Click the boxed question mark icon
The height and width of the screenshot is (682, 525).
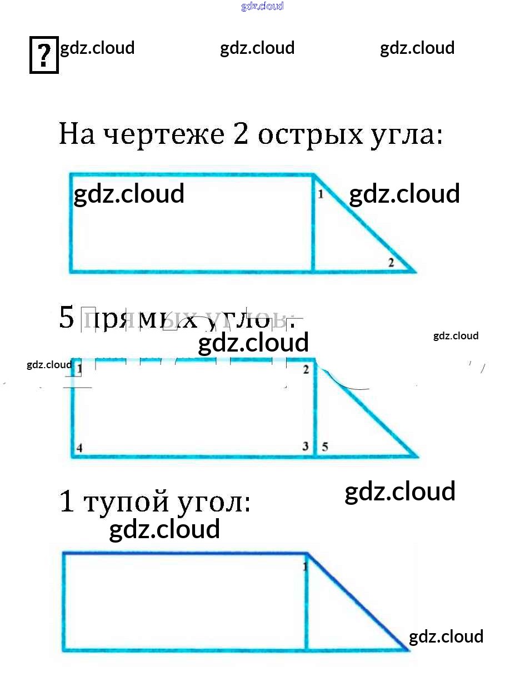click(44, 54)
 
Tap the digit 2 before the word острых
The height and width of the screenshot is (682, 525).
click(241, 134)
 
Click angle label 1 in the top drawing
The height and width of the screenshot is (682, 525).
click(321, 195)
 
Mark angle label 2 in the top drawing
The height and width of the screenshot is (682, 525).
click(391, 263)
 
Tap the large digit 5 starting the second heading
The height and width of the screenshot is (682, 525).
click(67, 319)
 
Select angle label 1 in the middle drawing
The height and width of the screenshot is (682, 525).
click(79, 368)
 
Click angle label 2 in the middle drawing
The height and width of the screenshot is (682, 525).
click(306, 369)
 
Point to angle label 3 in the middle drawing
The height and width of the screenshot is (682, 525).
click(305, 446)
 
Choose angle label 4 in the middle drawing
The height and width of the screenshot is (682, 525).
click(79, 448)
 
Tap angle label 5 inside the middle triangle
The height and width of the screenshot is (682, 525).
click(325, 447)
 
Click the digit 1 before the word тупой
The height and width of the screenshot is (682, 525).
click(67, 502)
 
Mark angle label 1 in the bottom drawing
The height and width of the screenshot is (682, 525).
click(304, 566)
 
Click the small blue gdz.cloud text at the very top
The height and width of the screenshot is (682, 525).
click(262, 6)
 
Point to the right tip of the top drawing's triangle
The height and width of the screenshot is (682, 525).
click(414, 272)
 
